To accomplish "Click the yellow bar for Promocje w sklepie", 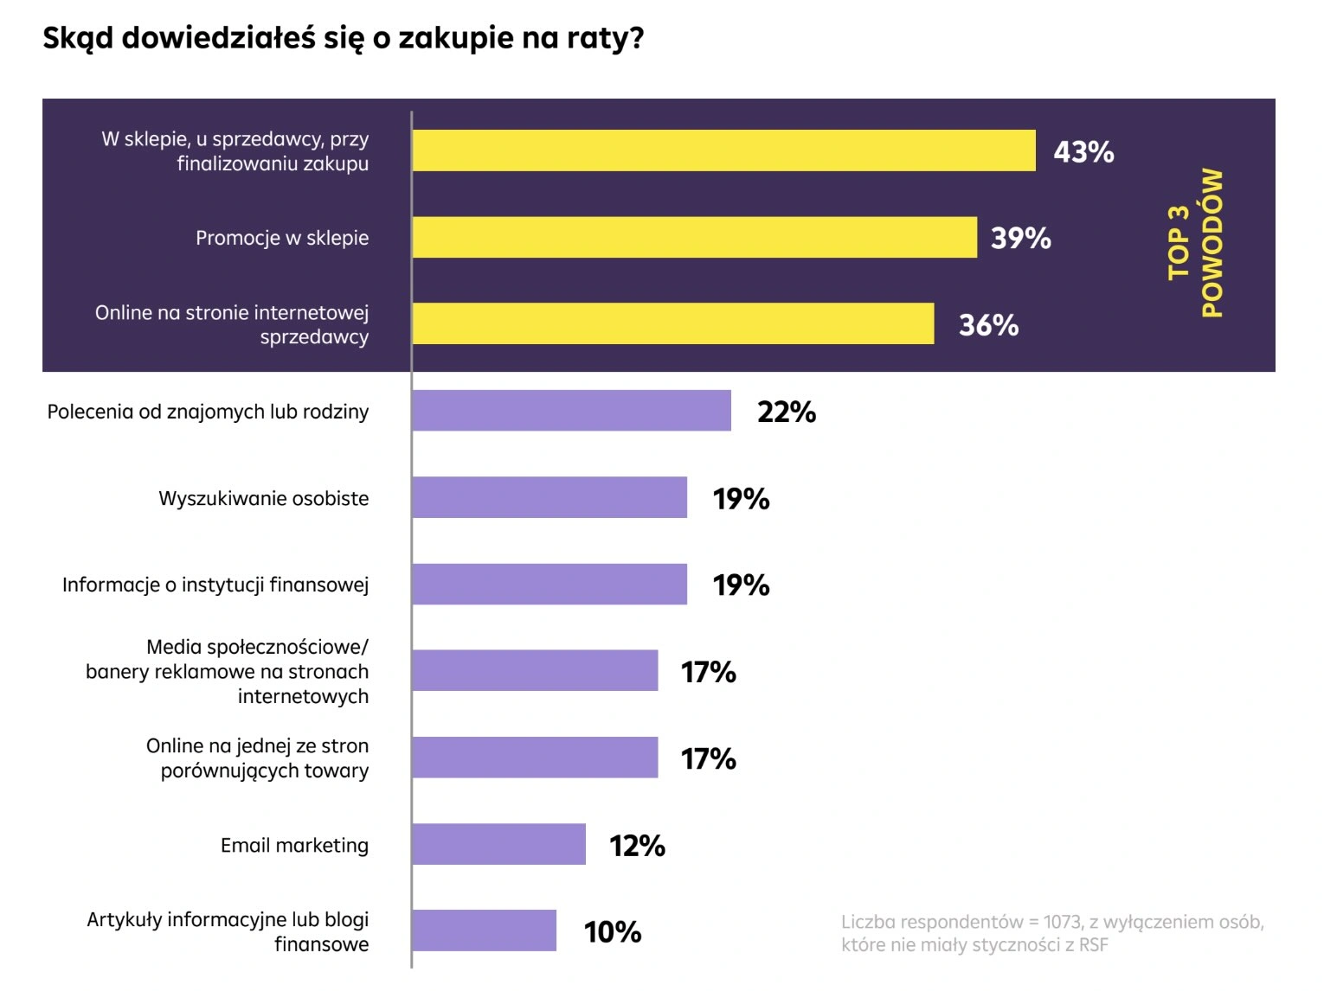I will [x=694, y=237].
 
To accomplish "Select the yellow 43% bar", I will [x=723, y=150].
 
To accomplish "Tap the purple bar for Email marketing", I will [x=498, y=844].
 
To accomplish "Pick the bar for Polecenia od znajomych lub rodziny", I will [x=571, y=411].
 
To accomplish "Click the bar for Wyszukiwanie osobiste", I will [x=550, y=497].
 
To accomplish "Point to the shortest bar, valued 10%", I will [x=484, y=930].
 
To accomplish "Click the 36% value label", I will [x=988, y=325].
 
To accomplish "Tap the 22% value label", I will [x=786, y=412].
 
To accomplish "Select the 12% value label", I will [x=637, y=845].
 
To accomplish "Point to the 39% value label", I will [x=1020, y=238].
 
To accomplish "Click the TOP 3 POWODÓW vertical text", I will [x=1195, y=243].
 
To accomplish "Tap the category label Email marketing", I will [x=294, y=845].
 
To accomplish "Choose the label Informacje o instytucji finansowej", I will [x=215, y=585].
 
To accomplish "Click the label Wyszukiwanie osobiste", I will [x=263, y=498].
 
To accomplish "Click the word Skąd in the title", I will [x=77, y=38].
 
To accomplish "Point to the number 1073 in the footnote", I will [x=1063, y=922].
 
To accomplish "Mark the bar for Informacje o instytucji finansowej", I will [x=550, y=584].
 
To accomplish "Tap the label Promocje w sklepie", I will [x=282, y=238].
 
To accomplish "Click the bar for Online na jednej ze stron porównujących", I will [x=535, y=758].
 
